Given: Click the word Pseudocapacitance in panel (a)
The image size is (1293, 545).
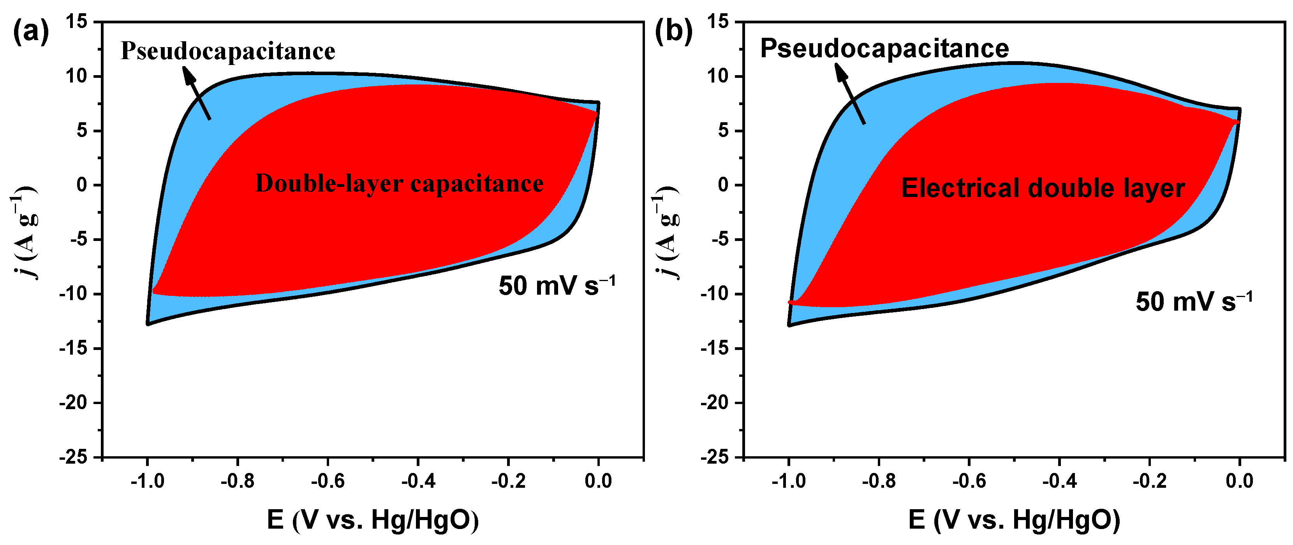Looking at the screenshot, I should (x=228, y=51).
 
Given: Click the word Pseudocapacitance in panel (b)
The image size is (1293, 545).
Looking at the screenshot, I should (x=884, y=49).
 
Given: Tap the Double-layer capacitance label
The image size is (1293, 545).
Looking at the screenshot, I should (x=400, y=184).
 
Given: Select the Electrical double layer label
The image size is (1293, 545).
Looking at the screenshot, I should (x=1043, y=188).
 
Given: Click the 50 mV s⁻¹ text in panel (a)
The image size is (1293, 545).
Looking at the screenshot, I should (x=556, y=286).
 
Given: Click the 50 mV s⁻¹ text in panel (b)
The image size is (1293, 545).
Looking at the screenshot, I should (x=1194, y=302).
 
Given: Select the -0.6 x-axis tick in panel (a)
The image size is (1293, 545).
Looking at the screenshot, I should (x=328, y=481).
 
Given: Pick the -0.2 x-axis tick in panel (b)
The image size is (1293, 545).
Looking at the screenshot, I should (x=1149, y=481).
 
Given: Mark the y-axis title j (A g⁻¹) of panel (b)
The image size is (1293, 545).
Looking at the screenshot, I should (x=666, y=232).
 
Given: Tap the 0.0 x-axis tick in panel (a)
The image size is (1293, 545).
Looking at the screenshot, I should (x=598, y=481).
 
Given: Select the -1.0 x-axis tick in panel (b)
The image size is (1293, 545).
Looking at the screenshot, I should (x=788, y=481).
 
